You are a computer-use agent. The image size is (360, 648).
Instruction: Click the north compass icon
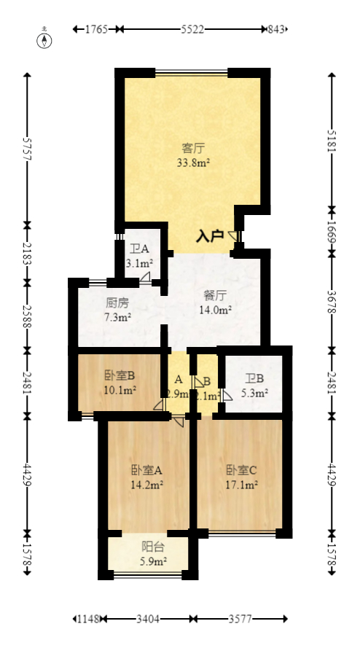tap(45, 39)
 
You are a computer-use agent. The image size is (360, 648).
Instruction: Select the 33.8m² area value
tap(192, 163)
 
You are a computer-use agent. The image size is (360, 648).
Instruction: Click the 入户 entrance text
tap(210, 236)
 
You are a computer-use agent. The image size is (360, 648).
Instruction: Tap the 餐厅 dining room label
tap(215, 295)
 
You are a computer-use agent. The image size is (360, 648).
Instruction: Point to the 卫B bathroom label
tap(254, 378)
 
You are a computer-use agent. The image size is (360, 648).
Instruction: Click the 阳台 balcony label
tap(152, 546)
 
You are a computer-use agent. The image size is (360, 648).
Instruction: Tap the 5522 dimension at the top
tap(192, 29)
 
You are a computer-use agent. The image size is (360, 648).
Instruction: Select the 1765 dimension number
tap(96, 29)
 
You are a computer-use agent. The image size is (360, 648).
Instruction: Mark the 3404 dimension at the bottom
tap(148, 619)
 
